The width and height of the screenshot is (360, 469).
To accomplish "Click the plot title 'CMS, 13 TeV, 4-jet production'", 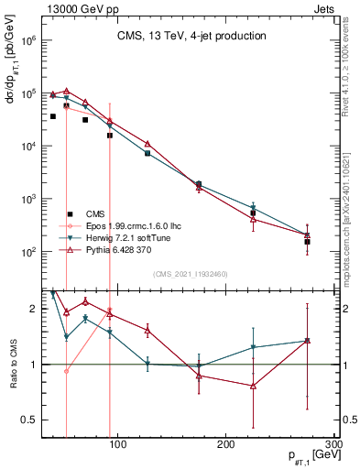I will pyautogui.click(x=191, y=36).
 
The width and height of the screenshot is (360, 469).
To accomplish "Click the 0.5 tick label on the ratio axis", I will pyautogui.click(x=29, y=420).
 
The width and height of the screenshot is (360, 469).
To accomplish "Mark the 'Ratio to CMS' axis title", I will pyautogui.click(x=10, y=364).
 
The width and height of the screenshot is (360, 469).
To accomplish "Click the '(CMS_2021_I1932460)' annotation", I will pyautogui.click(x=191, y=274).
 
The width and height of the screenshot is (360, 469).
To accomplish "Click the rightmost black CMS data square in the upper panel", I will pyautogui.click(x=307, y=242).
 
